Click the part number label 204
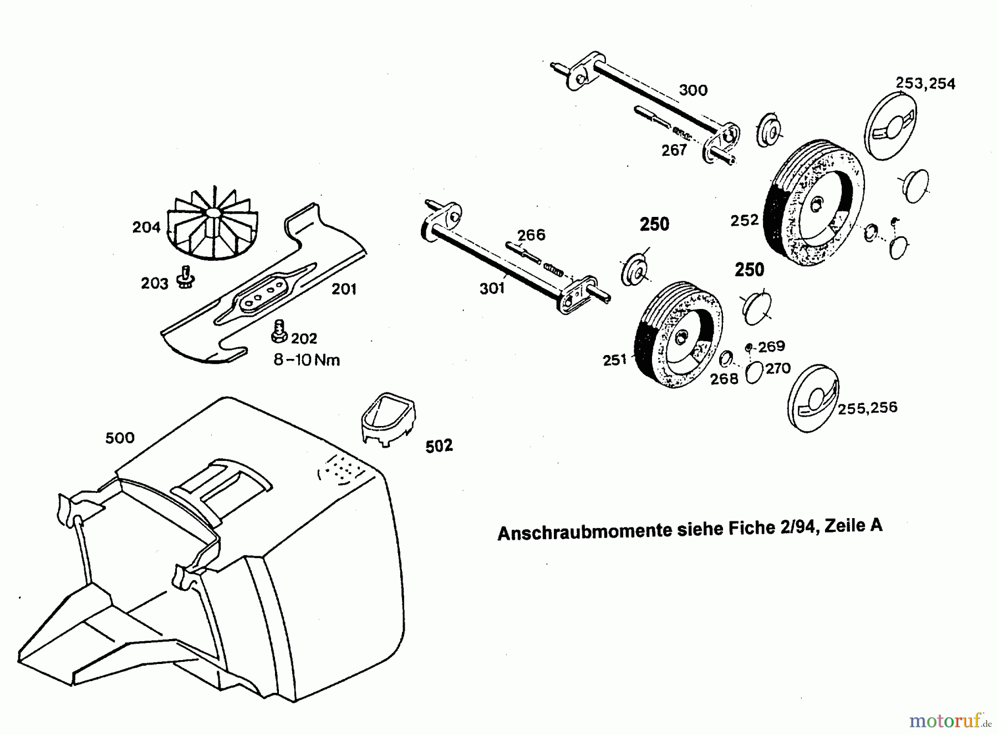(x=146, y=227)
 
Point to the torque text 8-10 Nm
(x=307, y=360)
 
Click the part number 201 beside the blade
(x=344, y=289)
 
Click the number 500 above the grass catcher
(x=120, y=438)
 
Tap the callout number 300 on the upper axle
(x=693, y=90)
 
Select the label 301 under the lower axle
(x=492, y=288)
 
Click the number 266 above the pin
(x=531, y=235)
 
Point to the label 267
(x=674, y=150)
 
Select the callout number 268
(x=724, y=379)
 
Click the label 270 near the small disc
(x=778, y=368)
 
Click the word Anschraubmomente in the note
(x=583, y=531)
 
